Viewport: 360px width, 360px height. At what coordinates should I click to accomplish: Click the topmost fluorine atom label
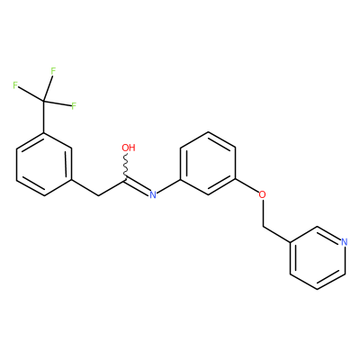(53, 71)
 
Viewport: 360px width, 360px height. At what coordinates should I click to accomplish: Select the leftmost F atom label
(15, 85)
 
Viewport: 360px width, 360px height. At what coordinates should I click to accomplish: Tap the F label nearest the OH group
(74, 106)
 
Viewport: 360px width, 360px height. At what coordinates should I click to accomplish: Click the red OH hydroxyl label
(129, 148)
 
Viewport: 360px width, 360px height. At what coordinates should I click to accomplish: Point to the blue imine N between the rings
(153, 195)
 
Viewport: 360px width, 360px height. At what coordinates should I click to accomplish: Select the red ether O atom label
(263, 194)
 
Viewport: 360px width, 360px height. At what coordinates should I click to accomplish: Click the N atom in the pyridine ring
(345, 242)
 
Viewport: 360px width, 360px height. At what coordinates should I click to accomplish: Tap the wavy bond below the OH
(126, 166)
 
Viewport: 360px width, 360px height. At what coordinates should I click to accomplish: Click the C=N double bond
(137, 187)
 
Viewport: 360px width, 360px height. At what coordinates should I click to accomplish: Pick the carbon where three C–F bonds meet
(44, 101)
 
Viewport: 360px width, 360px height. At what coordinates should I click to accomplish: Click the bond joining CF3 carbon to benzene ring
(44, 117)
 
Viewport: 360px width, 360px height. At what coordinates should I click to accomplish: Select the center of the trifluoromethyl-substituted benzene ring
(44, 165)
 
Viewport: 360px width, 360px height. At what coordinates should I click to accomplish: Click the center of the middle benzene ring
(208, 164)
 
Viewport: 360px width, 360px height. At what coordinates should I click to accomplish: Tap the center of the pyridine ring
(318, 258)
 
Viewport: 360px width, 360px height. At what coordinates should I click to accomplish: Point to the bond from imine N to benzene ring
(168, 186)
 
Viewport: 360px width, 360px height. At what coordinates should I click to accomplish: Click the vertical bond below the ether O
(263, 213)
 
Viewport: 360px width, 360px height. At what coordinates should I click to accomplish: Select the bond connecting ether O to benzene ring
(247, 186)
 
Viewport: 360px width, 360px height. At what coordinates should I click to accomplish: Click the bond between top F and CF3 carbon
(48, 88)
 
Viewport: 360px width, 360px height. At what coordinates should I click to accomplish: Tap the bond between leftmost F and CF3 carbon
(31, 94)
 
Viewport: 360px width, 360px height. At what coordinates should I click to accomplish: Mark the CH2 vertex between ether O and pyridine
(263, 227)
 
